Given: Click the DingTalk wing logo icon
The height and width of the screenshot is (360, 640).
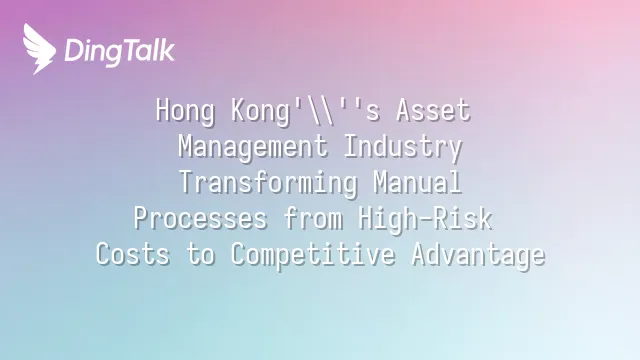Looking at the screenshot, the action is [39, 49].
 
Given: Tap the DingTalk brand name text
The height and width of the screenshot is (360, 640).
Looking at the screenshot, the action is [120, 52].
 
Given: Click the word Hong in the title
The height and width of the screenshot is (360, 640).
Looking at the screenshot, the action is [185, 111].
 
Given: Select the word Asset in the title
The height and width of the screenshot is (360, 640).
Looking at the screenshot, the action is [433, 110].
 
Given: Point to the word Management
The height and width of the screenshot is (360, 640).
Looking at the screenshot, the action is [253, 147].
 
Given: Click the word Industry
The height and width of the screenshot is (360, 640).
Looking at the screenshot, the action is [403, 147].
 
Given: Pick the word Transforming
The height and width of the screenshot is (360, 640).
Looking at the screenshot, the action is [268, 183].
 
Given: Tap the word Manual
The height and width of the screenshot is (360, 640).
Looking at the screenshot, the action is [418, 182].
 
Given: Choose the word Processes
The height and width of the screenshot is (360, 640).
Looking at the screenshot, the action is [200, 219].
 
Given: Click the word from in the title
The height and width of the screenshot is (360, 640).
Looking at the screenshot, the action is [313, 218].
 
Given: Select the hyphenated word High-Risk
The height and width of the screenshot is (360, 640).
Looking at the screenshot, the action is [425, 219].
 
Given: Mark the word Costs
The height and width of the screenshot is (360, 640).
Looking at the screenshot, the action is [133, 254].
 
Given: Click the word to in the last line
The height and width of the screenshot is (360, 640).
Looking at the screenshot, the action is [200, 255].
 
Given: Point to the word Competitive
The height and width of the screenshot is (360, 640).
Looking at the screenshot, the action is [313, 255].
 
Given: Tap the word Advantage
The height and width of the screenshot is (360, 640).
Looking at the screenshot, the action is [478, 255].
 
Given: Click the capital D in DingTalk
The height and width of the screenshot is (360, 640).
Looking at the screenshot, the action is [74, 51].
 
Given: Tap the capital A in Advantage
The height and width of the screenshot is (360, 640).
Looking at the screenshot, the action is [418, 254].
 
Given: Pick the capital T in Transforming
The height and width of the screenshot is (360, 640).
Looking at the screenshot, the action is [187, 182].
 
